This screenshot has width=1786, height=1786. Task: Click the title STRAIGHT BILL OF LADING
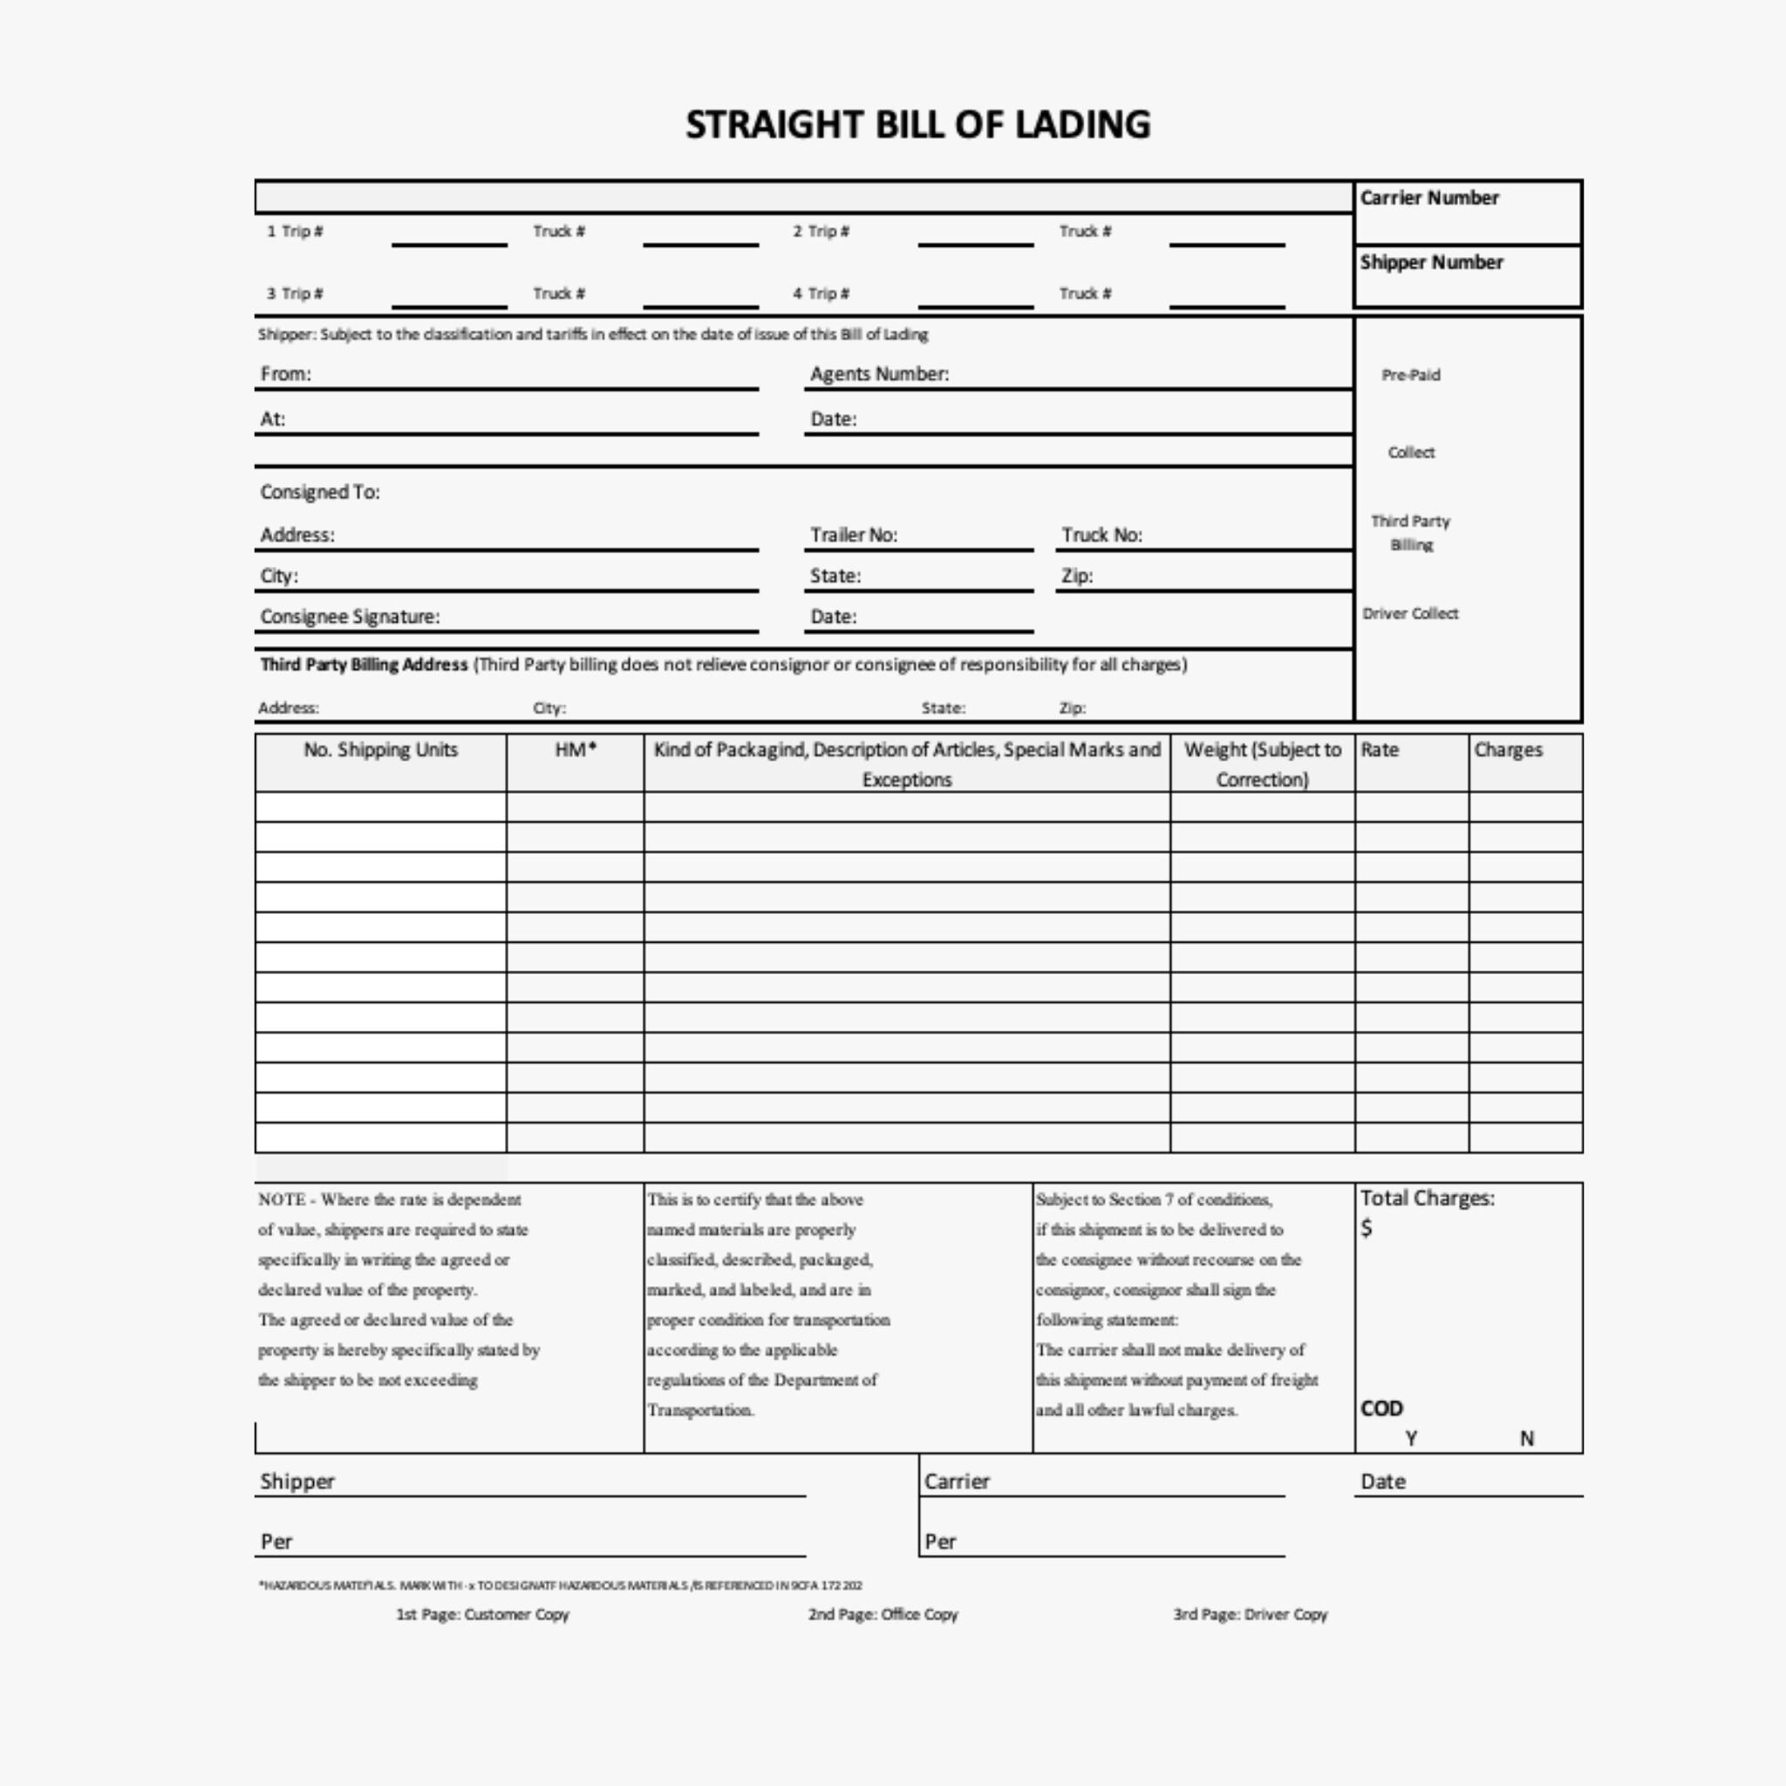pyautogui.click(x=917, y=125)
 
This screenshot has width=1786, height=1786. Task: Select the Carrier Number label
pyautogui.click(x=1428, y=198)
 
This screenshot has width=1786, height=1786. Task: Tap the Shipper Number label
pyautogui.click(x=1431, y=262)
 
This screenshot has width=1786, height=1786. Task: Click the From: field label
pyautogui.click(x=286, y=374)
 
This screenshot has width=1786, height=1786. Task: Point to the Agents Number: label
pyautogui.click(x=879, y=374)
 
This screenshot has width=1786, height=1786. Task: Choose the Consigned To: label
pyautogui.click(x=320, y=492)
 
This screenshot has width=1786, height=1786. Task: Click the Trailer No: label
pyautogui.click(x=853, y=535)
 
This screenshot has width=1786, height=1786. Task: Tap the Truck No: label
pyautogui.click(x=1101, y=535)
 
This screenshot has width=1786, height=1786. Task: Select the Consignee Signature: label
pyautogui.click(x=350, y=617)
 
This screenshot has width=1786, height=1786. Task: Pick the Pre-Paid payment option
pyautogui.click(x=1411, y=375)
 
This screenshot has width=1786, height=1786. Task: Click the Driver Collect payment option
pyautogui.click(x=1410, y=614)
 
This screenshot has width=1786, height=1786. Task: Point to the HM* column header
pyautogui.click(x=575, y=751)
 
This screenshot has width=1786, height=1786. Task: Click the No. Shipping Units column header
pyautogui.click(x=381, y=751)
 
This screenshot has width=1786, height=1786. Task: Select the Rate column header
pyautogui.click(x=1380, y=751)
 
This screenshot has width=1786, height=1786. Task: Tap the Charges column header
pyautogui.click(x=1508, y=751)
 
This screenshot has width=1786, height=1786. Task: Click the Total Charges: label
pyautogui.click(x=1427, y=1198)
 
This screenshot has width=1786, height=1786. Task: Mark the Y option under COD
pyautogui.click(x=1411, y=1438)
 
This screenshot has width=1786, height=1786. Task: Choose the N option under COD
pyautogui.click(x=1527, y=1438)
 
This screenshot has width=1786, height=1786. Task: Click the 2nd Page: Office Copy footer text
pyautogui.click(x=883, y=1614)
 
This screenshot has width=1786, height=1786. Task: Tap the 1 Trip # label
pyautogui.click(x=295, y=231)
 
